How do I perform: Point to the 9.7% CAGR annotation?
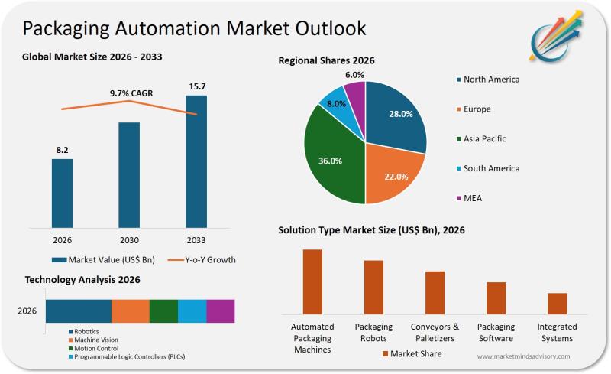(x=131, y=93)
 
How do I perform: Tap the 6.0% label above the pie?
(x=354, y=75)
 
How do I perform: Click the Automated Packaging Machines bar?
(x=312, y=281)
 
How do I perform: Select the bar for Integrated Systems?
(x=558, y=303)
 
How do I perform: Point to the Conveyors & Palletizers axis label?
(x=435, y=332)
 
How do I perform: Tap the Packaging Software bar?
(x=496, y=298)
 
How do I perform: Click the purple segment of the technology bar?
(x=220, y=311)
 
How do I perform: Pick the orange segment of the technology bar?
(x=130, y=311)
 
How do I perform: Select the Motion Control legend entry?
(x=96, y=348)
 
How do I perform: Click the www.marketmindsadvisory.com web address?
(x=523, y=356)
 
